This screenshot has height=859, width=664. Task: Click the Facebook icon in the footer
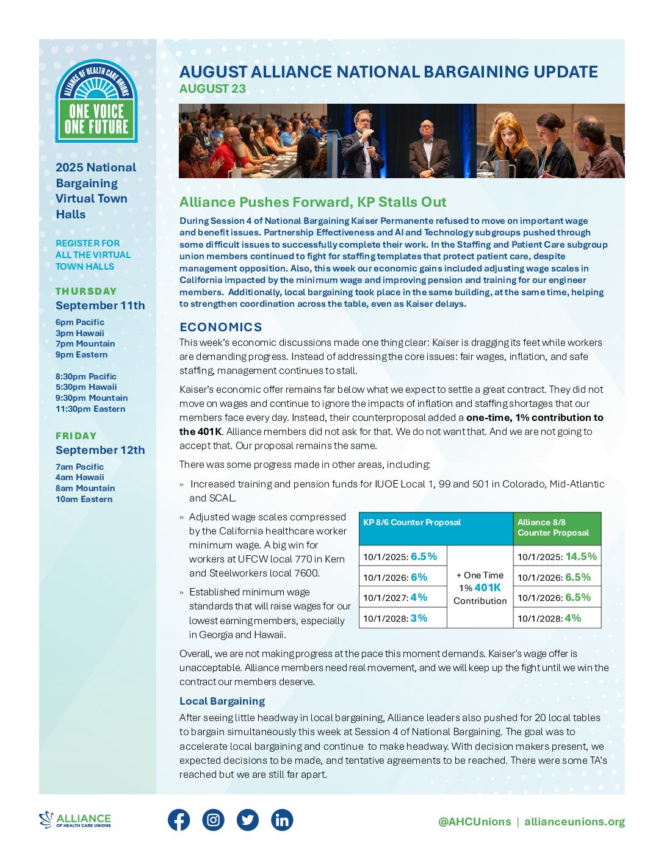(x=179, y=820)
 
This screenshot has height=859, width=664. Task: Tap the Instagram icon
(x=213, y=820)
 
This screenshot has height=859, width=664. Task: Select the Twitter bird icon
(x=247, y=820)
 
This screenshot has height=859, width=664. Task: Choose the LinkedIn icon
(x=282, y=820)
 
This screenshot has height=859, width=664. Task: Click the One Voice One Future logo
(x=96, y=101)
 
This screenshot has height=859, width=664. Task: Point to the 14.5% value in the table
(x=581, y=556)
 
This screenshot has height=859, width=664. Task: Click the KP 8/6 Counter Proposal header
(x=412, y=523)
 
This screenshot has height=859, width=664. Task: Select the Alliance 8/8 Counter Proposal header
(x=554, y=528)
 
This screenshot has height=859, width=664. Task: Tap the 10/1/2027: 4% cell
(x=395, y=598)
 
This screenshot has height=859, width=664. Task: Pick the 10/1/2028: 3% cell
(x=395, y=618)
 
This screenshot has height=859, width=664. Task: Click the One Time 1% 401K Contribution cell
(x=480, y=588)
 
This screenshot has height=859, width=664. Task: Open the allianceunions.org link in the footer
(x=574, y=822)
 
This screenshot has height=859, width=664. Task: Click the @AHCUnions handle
(x=475, y=822)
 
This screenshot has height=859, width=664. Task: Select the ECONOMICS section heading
(x=221, y=327)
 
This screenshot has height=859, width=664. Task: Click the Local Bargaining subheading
(x=222, y=701)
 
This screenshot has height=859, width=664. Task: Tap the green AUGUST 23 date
(x=212, y=89)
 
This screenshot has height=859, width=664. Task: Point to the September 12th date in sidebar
(x=100, y=450)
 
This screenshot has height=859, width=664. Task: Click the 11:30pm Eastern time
(x=90, y=409)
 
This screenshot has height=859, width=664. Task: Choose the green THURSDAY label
(x=86, y=292)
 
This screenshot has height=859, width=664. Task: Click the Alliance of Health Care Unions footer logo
(x=75, y=820)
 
